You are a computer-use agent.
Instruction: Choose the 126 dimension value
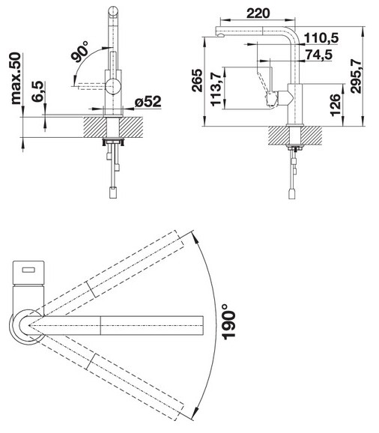point(336,102)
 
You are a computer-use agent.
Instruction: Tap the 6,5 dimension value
point(37,97)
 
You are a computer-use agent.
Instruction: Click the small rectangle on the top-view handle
point(30,270)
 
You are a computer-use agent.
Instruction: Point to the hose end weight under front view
point(113,193)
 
